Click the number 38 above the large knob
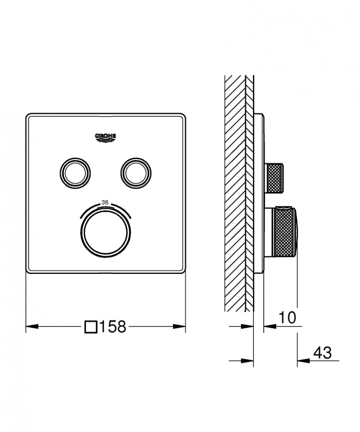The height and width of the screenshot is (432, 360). [105, 202]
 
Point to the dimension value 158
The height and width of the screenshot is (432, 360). [112, 327]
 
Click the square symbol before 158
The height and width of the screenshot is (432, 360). [91, 327]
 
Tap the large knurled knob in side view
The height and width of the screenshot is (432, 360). [283, 232]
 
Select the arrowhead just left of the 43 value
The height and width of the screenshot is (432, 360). [301, 360]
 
